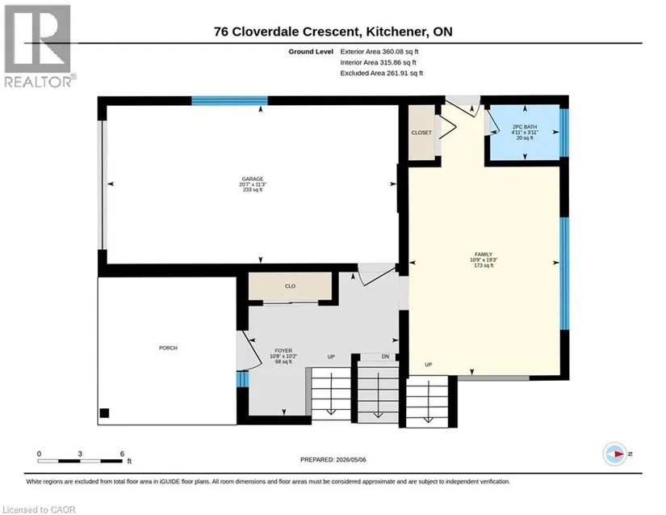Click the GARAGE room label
pyautogui.click(x=253, y=179)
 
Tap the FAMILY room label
pyautogui.click(x=484, y=255)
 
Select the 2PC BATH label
pyautogui.click(x=525, y=127)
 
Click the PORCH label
pyautogui.click(x=168, y=348)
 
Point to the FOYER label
pyautogui.click(x=283, y=351)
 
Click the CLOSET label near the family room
pyautogui.click(x=421, y=133)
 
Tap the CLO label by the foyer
pyautogui.click(x=290, y=286)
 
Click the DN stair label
pyautogui.click(x=385, y=357)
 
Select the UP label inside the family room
pyautogui.click(x=428, y=365)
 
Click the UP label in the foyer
pyautogui.click(x=331, y=357)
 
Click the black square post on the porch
pyautogui.click(x=104, y=413)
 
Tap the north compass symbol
pyautogui.click(x=615, y=454)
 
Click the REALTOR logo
pyautogui.click(x=39, y=46)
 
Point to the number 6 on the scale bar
pyautogui.click(x=123, y=454)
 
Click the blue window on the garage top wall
pyautogui.click(x=229, y=101)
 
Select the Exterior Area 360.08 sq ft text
pyautogui.click(x=379, y=52)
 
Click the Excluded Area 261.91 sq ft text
pyautogui.click(x=381, y=73)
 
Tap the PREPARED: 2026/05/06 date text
pyautogui.click(x=333, y=459)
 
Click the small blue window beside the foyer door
pyautogui.click(x=242, y=379)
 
